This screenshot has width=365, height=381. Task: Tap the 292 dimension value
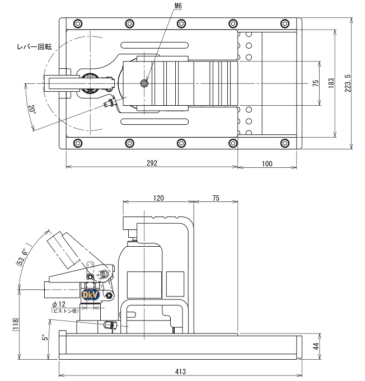point(152,163)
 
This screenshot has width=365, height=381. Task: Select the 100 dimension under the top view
point(266,163)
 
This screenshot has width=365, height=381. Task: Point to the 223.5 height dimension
point(349,84)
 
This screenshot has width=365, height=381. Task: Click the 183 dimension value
point(331,84)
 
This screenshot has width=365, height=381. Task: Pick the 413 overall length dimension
point(180,371)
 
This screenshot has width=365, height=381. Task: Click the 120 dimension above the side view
point(158,198)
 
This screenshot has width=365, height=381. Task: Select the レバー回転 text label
point(35,47)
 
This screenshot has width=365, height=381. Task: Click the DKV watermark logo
point(89,294)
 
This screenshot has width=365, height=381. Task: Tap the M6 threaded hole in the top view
point(145,84)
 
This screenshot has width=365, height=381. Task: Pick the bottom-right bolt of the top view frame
point(286,142)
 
